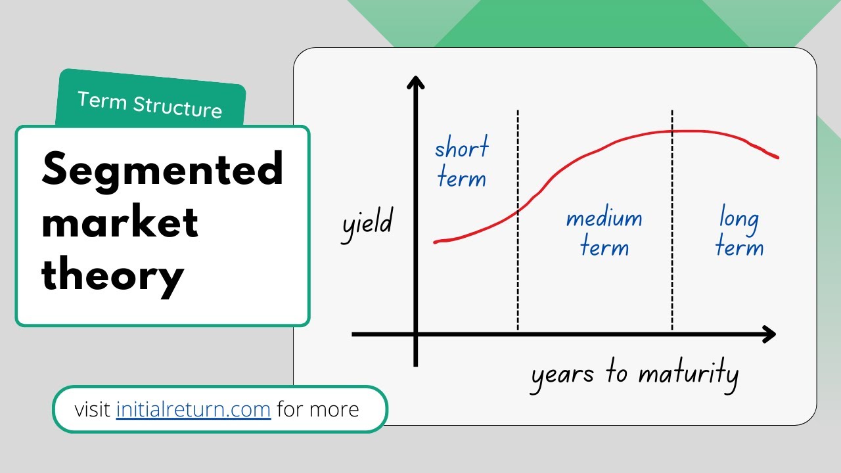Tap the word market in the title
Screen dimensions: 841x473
(120, 221)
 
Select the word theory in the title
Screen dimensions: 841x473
(112, 277)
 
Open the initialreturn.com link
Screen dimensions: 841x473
(193, 409)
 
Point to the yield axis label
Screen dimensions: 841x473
(367, 225)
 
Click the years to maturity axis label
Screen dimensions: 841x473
(635, 374)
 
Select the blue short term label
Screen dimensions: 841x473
(462, 162)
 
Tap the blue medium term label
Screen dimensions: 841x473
(604, 233)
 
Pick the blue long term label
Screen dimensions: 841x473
(739, 231)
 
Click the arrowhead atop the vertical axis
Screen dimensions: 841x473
(416, 82)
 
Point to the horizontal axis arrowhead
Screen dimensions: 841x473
(769, 334)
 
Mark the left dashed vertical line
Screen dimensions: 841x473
(518, 220)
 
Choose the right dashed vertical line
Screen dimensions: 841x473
(672, 220)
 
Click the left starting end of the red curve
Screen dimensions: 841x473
(436, 242)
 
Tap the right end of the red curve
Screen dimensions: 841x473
(777, 157)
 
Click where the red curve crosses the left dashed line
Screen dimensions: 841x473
(518, 212)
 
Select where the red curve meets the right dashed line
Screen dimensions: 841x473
(672, 131)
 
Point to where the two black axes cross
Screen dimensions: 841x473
(416, 334)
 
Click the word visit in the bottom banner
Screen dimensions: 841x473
(92, 409)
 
